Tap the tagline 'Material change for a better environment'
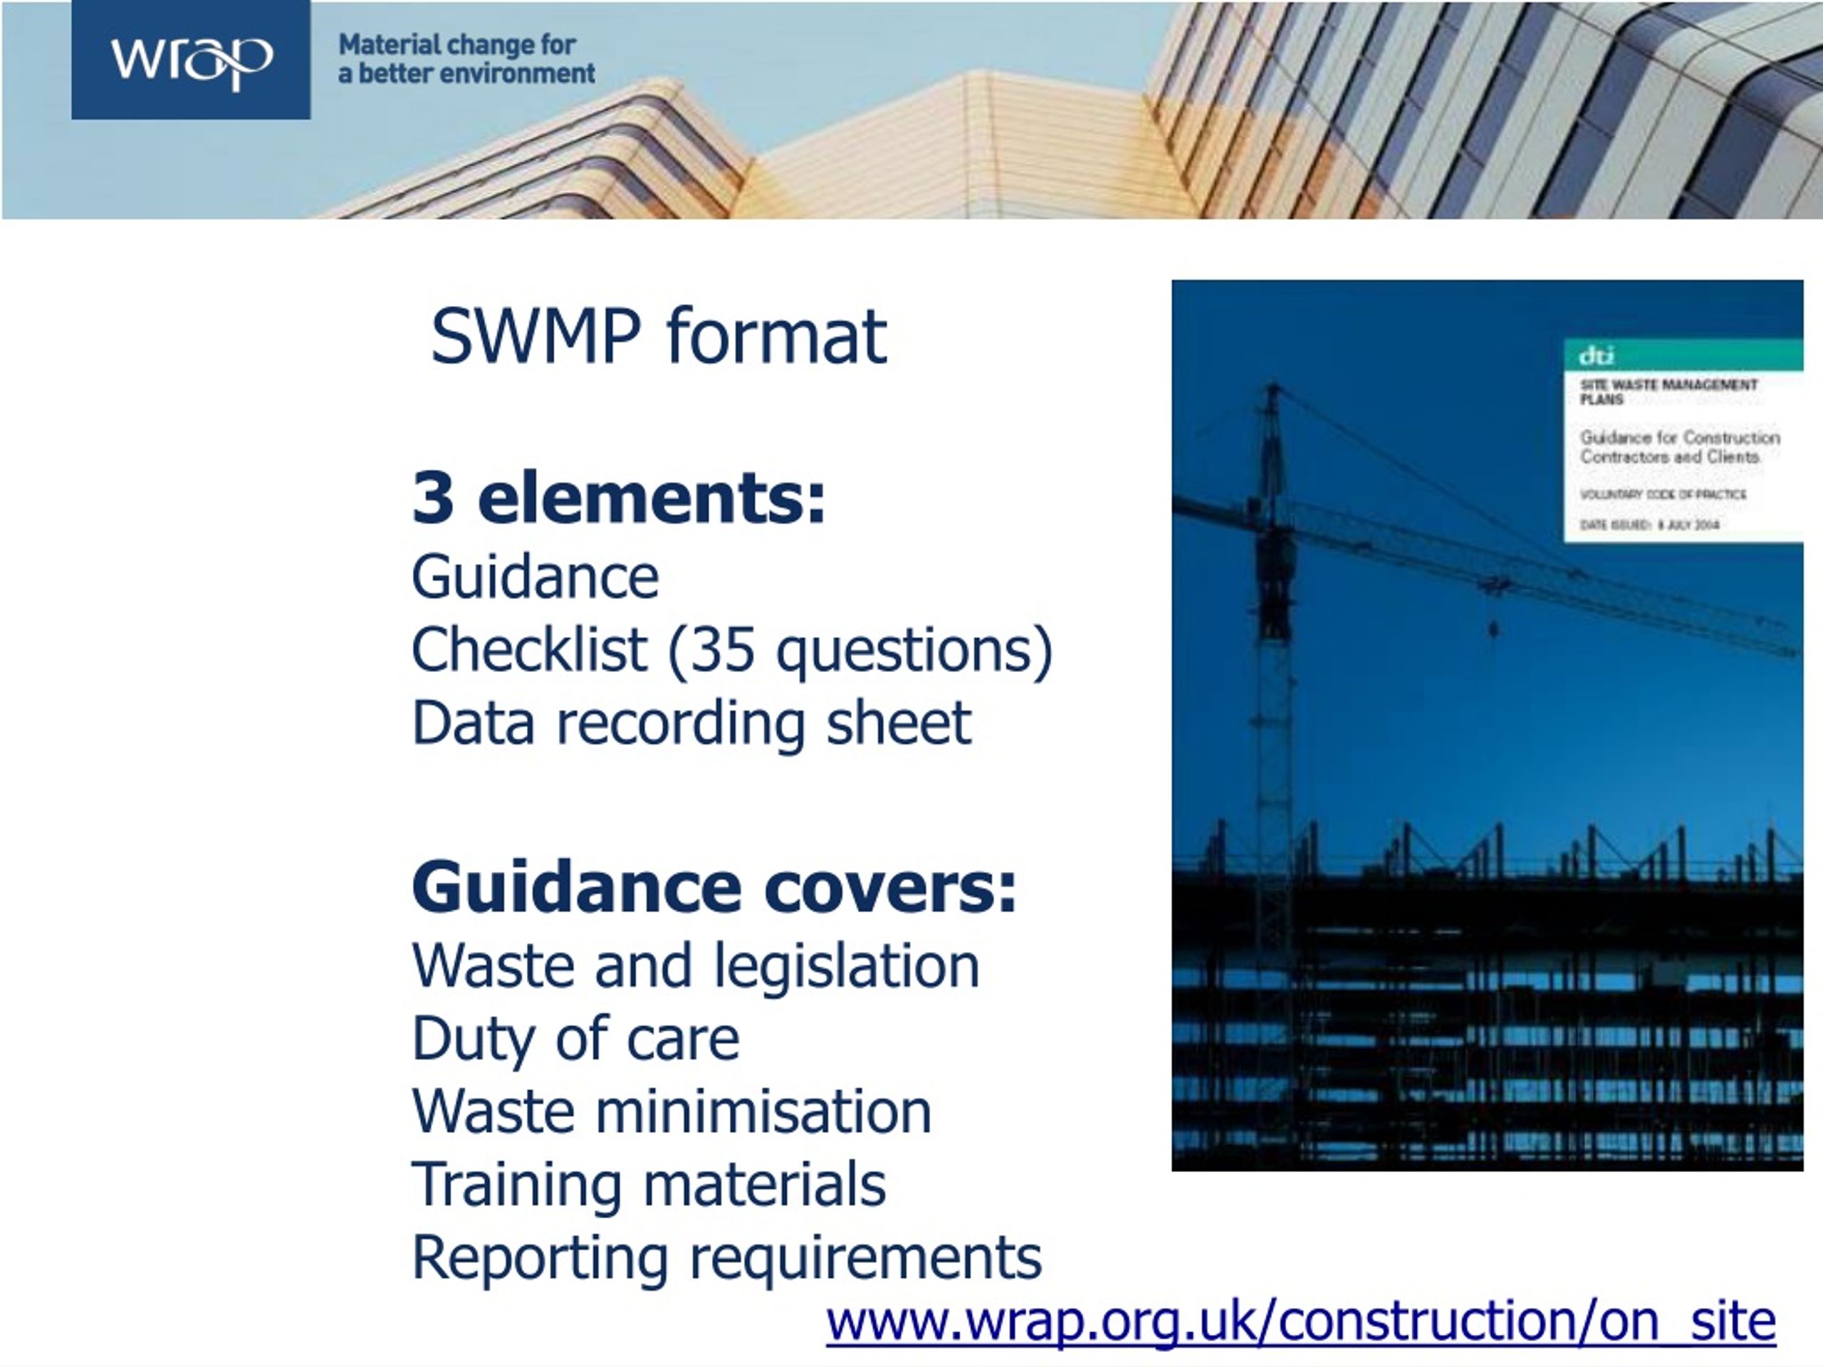point(466,59)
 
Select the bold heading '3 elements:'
point(618,497)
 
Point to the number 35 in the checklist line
point(723,649)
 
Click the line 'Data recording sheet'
point(691,723)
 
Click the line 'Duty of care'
point(575,1038)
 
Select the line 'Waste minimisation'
point(671,1111)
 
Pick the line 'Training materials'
point(649,1184)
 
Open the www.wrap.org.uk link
point(1300,1321)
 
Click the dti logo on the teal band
point(1597,356)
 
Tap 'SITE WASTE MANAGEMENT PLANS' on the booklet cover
point(1668,392)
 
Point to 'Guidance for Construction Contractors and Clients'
point(1678,446)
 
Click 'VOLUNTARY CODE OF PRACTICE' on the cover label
point(1662,494)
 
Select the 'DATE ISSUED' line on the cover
point(1649,525)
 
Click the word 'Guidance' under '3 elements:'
point(535,577)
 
